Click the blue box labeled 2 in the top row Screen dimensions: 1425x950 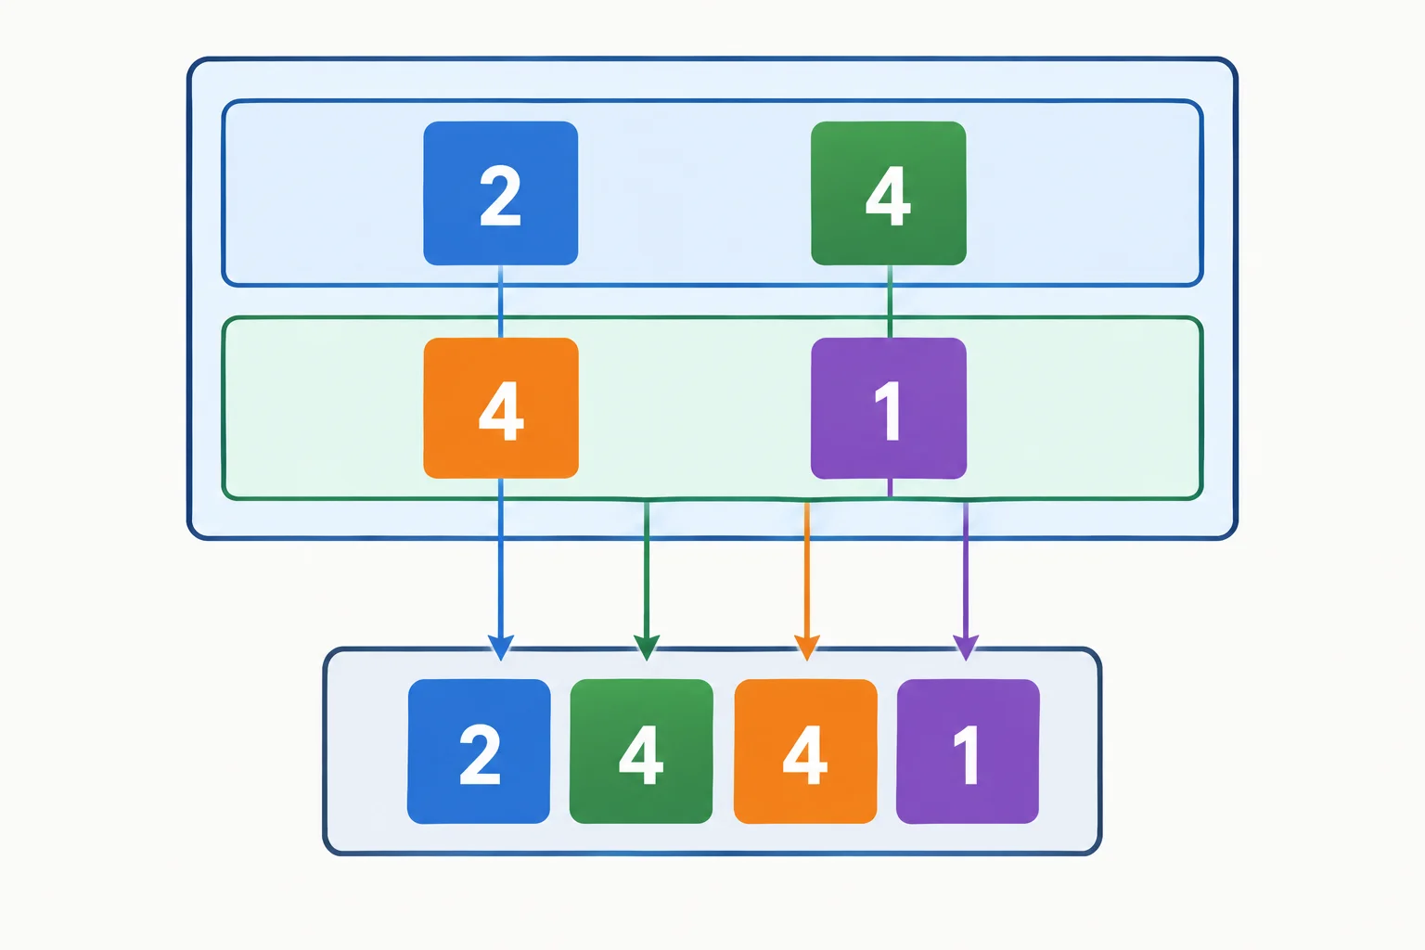click(501, 193)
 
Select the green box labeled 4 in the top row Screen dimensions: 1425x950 click(889, 193)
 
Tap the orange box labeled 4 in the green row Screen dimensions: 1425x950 click(501, 408)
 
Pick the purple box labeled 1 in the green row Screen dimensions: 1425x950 click(889, 408)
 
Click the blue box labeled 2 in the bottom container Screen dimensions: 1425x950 click(479, 751)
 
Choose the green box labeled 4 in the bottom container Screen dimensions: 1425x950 click(641, 751)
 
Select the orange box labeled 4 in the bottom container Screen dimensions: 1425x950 click(805, 751)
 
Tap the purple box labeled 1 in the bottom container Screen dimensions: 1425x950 click(968, 751)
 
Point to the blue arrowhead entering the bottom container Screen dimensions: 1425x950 click(501, 648)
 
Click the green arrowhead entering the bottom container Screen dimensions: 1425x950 click(647, 648)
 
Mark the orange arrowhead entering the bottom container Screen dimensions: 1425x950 click(806, 648)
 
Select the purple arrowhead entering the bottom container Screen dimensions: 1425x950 click(966, 648)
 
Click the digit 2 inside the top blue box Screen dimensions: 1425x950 click(500, 195)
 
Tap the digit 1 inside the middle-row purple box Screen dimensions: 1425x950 click(889, 410)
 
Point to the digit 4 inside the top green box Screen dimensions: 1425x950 click(888, 195)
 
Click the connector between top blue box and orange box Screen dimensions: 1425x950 click(501, 302)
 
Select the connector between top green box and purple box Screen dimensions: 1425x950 click(890, 302)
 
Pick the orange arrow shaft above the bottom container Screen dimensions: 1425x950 click(806, 569)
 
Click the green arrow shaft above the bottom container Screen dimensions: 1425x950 click(647, 569)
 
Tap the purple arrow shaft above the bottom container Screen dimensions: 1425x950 click(966, 569)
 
